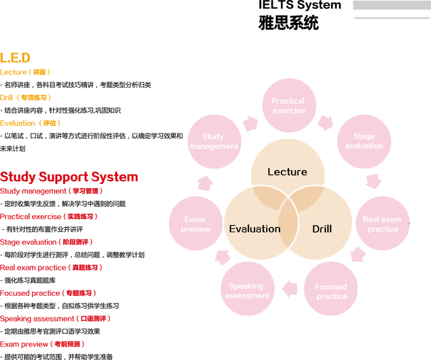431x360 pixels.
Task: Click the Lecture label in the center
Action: (287, 172)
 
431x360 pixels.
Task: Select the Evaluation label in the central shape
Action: (255, 229)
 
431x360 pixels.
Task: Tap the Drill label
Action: (322, 229)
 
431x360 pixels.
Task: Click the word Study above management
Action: (213, 137)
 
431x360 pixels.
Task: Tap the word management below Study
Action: (214, 146)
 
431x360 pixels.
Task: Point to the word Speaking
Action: (246, 286)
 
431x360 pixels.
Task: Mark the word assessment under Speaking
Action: (247, 296)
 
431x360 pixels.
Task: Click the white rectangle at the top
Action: (289, 24)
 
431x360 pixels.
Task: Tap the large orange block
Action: (30, 34)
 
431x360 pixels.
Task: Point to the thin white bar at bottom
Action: (57, 356)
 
